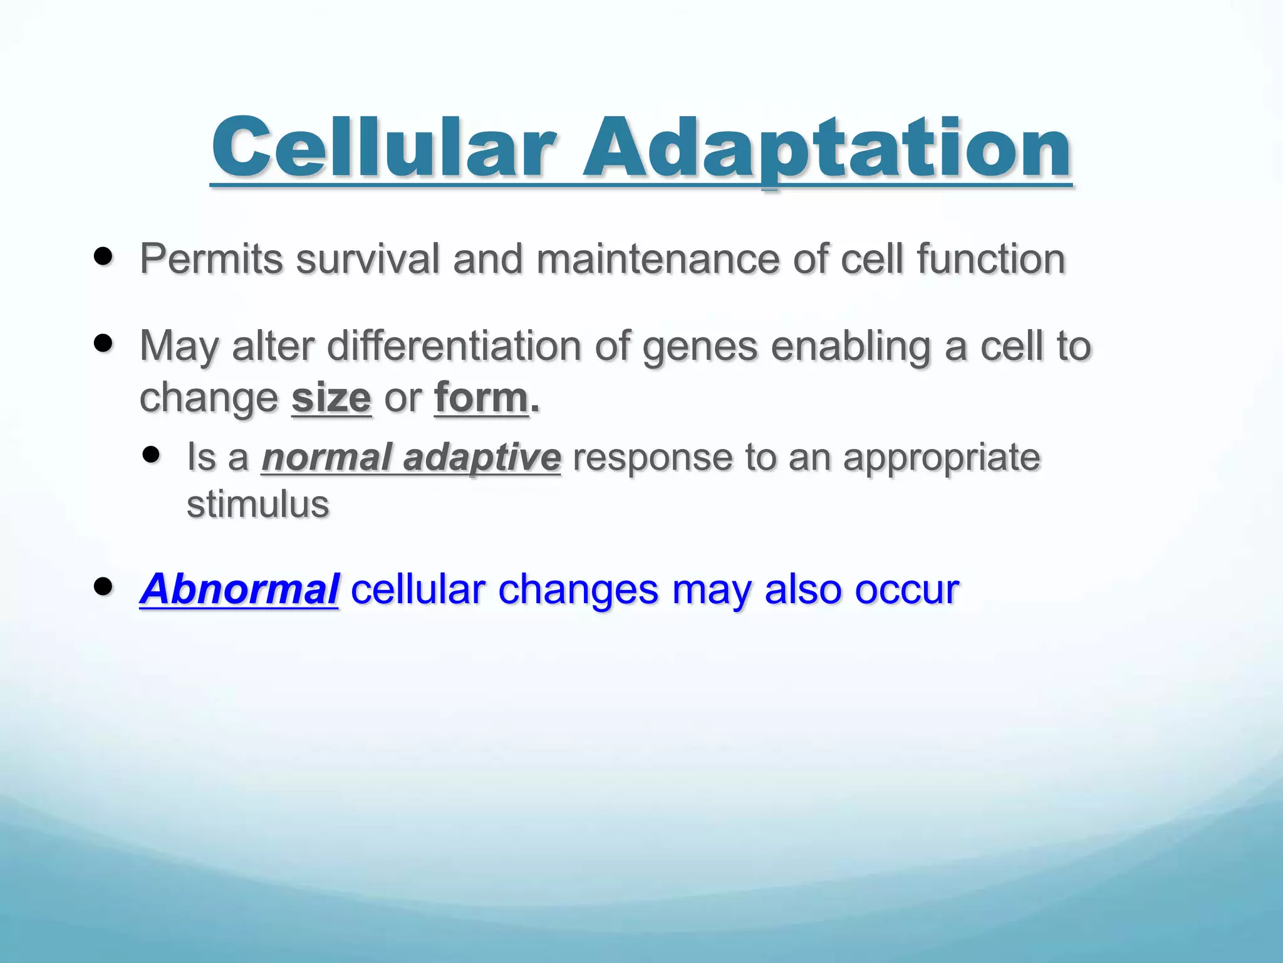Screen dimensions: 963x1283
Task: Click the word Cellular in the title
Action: (x=383, y=148)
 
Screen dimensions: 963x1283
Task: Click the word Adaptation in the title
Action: (x=827, y=148)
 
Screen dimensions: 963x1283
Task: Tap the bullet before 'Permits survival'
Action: (x=103, y=256)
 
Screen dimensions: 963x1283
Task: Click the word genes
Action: (x=700, y=347)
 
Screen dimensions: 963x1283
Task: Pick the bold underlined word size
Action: (x=331, y=397)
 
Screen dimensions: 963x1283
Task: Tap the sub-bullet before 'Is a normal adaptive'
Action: (x=151, y=455)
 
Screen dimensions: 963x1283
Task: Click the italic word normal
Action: (x=326, y=457)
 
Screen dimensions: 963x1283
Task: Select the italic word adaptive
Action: (x=482, y=458)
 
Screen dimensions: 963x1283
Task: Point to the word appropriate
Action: (x=942, y=458)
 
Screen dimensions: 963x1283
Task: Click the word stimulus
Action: (x=257, y=504)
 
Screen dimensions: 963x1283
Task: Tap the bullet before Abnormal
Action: (x=103, y=587)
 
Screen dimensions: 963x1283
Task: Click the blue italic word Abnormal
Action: (x=239, y=589)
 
